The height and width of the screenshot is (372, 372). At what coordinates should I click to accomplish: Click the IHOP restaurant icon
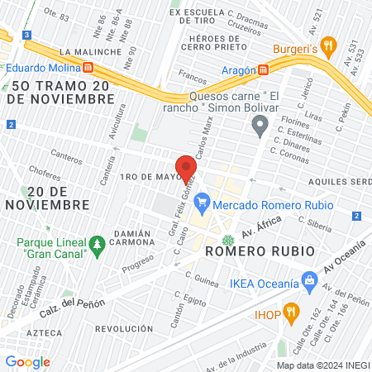[290, 312]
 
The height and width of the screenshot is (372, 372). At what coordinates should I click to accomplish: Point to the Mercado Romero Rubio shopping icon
[202, 205]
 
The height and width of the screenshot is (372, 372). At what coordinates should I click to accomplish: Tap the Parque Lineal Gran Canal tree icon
[98, 244]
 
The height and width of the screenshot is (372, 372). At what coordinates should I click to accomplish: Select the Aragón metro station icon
[263, 69]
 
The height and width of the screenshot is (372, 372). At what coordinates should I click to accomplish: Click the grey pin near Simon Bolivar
[260, 126]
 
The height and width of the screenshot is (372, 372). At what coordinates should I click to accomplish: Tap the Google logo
[27, 361]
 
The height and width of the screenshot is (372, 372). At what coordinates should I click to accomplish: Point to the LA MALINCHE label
[80, 51]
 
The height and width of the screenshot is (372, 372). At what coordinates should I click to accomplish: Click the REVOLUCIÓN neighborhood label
[124, 328]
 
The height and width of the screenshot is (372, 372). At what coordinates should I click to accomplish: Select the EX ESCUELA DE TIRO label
[199, 13]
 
